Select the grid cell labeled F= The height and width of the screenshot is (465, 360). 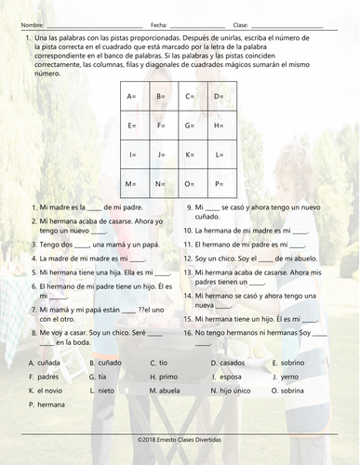166,126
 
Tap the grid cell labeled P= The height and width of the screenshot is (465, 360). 222,184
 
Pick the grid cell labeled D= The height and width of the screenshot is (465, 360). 222,96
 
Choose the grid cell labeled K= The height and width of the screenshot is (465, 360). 194,154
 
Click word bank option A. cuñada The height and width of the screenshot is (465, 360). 46,363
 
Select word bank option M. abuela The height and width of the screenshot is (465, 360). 167,391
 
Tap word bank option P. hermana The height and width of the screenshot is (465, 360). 47,405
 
